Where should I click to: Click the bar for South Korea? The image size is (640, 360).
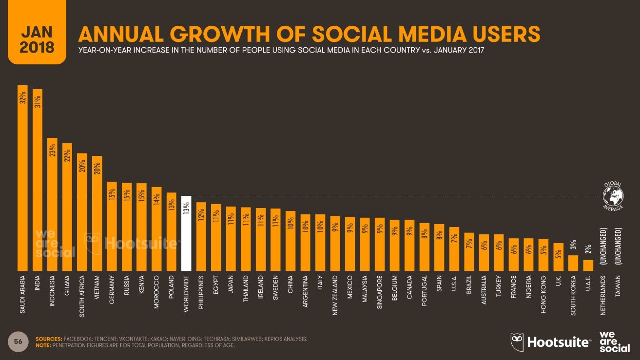pos(574,263)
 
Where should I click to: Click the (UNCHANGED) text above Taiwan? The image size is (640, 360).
pos(618,246)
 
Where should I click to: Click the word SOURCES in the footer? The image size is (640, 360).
pos(48,339)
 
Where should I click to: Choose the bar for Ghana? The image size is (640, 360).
pos(67,207)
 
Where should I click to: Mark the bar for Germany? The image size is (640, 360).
pos(112,226)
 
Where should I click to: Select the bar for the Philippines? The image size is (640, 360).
pos(201,236)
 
